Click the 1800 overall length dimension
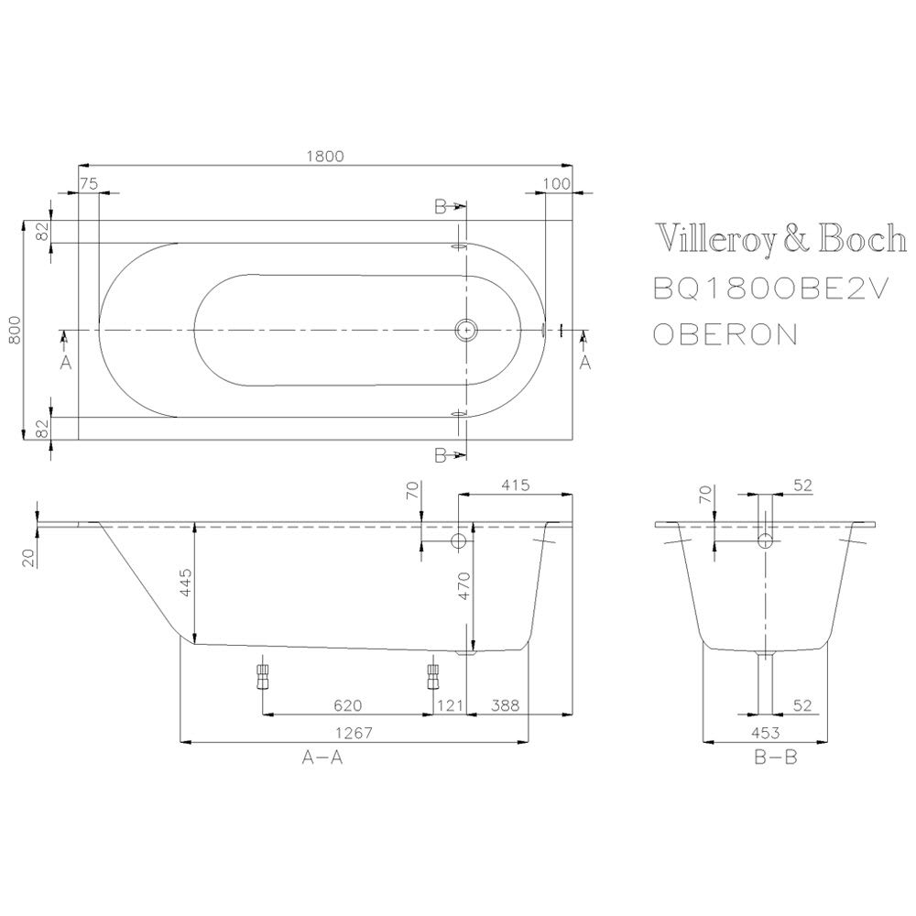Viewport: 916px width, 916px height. point(325,156)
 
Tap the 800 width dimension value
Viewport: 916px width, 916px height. point(15,330)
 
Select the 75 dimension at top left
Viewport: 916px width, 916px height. point(89,183)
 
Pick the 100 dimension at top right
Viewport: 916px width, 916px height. point(556,183)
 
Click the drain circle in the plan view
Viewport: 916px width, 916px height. point(466,330)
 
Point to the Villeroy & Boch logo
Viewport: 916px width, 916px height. point(781,238)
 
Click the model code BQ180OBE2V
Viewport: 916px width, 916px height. point(770,288)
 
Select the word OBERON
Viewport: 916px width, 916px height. point(725,334)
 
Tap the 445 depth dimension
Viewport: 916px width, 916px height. point(185,583)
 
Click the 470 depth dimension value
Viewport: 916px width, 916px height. point(463,586)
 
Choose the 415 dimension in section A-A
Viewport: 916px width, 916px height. point(515,485)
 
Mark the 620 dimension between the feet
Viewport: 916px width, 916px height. point(347,705)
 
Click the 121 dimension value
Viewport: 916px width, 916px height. point(451,705)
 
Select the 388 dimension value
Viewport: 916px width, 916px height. point(505,705)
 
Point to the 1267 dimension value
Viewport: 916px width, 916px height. point(354,733)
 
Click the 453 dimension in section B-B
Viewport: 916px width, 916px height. point(765,733)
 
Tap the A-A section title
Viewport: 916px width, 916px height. point(322,758)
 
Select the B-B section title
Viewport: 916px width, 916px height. point(776,758)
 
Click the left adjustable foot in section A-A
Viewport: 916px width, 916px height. point(262,677)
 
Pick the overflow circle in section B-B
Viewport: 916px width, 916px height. point(765,541)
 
